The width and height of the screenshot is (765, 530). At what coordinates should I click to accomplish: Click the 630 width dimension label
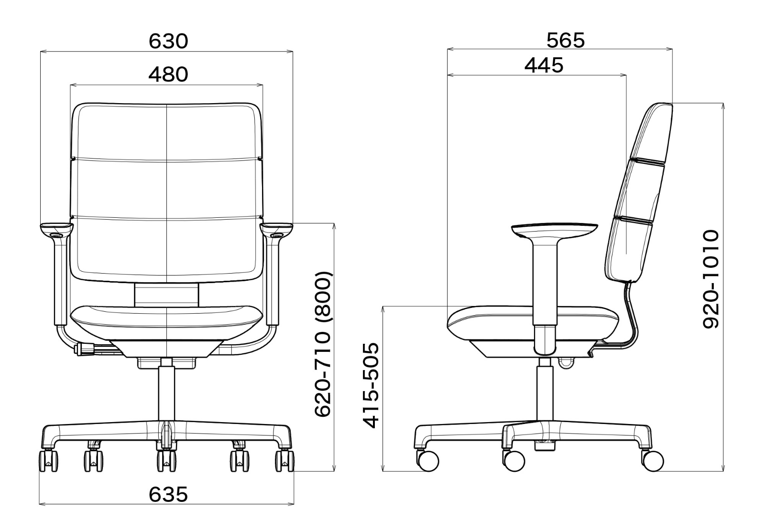tap(168, 41)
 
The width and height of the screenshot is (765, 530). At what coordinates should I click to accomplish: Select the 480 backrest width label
tap(168, 74)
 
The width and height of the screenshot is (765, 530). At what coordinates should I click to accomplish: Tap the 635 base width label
tap(168, 494)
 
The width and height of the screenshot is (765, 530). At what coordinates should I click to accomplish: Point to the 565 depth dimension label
tap(566, 40)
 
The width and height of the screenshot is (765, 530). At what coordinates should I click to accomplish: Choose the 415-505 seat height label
tap(371, 386)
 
